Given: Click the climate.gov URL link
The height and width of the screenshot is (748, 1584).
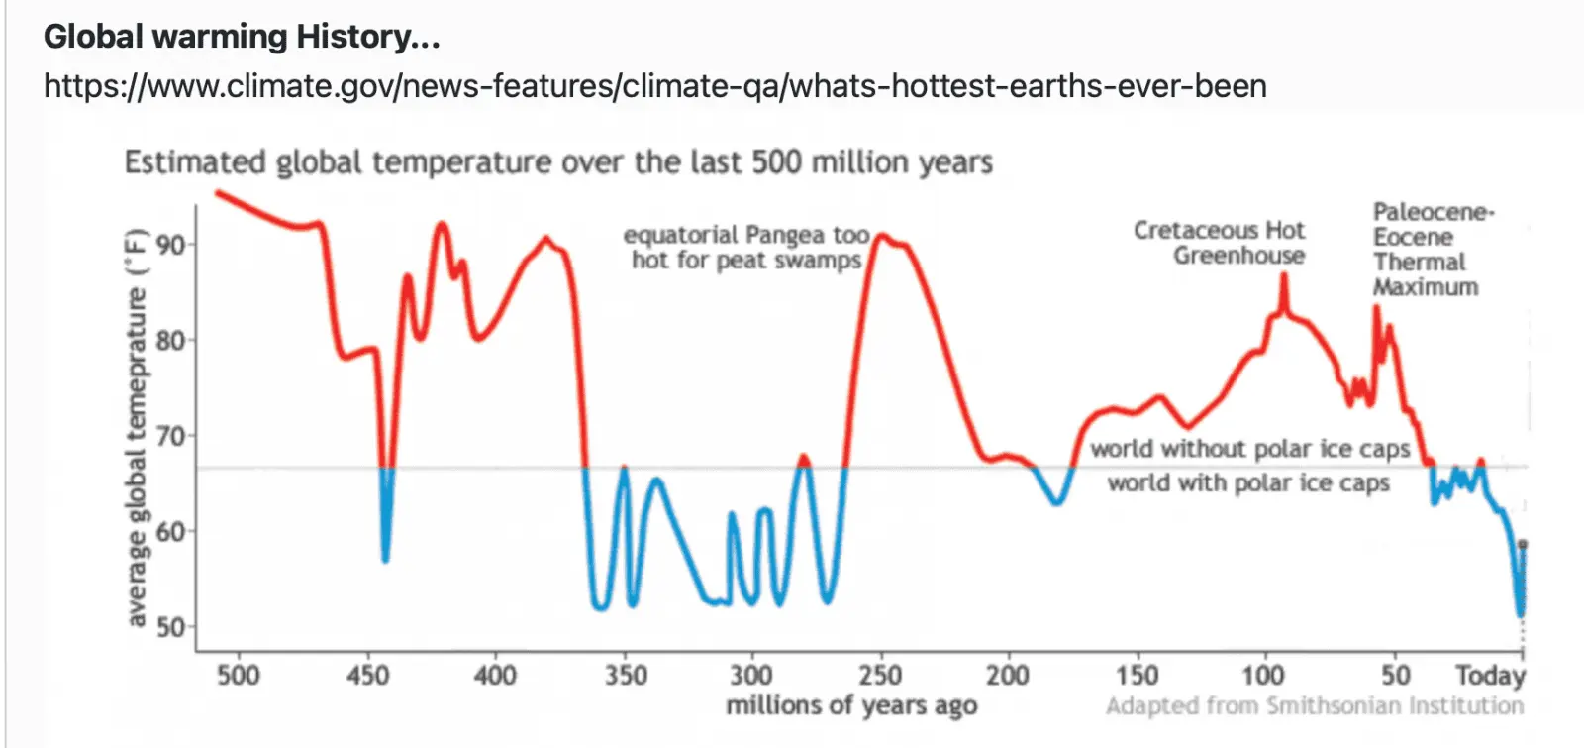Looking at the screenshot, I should tap(654, 86).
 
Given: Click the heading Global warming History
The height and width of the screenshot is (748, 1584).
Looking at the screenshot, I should tap(242, 37).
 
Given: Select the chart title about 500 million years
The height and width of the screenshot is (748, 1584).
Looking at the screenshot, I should tap(558, 161).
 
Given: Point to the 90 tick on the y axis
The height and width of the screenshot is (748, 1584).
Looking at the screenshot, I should tap(170, 245).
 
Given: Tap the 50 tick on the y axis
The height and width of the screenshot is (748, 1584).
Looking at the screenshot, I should tap(170, 627).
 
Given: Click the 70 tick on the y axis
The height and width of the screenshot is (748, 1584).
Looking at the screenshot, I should tap(170, 436).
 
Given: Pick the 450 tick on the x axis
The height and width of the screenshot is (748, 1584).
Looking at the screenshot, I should tap(367, 676).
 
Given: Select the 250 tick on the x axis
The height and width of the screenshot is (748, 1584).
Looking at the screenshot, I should tap(880, 676).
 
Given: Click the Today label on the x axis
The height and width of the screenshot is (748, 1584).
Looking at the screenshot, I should tap(1490, 676).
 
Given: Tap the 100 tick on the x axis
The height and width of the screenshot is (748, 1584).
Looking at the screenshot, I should tap(1263, 676).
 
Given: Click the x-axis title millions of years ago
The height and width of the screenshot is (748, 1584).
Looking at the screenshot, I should tap(851, 705).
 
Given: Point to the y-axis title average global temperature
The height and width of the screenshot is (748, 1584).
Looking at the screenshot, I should tap(137, 428).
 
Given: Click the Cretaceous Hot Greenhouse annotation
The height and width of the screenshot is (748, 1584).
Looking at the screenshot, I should tap(1220, 243).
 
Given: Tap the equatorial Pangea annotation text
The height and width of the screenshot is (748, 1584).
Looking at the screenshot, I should tap(746, 248).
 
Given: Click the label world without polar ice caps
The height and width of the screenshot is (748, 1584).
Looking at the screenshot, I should tap(1250, 449).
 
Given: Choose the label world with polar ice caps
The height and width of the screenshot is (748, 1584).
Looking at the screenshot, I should tap(1248, 483).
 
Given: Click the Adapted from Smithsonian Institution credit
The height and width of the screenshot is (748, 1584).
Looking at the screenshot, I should tap(1315, 705).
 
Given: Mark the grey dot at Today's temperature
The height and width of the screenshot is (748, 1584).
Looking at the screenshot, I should tap(1523, 544).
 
